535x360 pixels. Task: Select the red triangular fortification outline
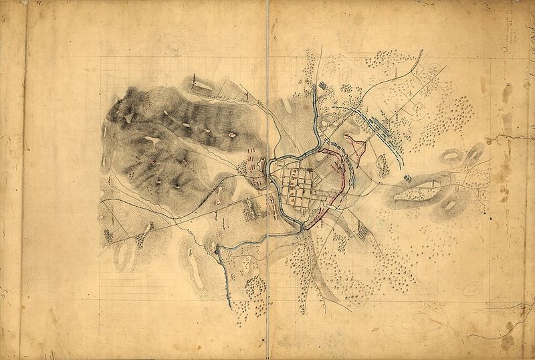point(356,143)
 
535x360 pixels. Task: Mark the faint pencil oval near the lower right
point(471,288)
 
